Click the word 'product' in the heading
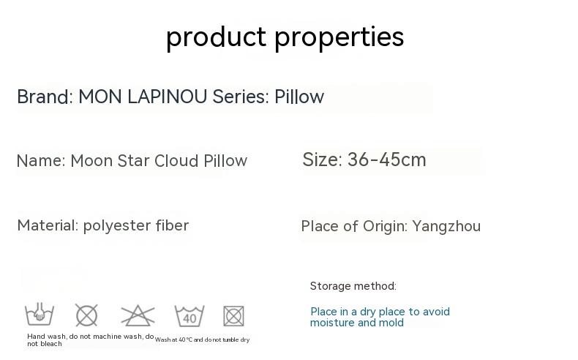point(216,37)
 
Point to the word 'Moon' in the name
point(91,161)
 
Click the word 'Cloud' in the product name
point(176,161)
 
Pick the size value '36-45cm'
point(387,160)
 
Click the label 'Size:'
point(322,160)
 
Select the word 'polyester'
point(117,226)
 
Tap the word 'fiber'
point(172,225)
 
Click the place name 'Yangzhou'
point(446,226)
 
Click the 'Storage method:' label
point(353,286)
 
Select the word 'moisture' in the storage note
point(331,323)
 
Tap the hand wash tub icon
point(40,315)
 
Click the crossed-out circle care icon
point(86,315)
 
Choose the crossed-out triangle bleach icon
point(138,315)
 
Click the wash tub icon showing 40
point(189,316)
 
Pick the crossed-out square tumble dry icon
point(233,315)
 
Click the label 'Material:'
point(48,225)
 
